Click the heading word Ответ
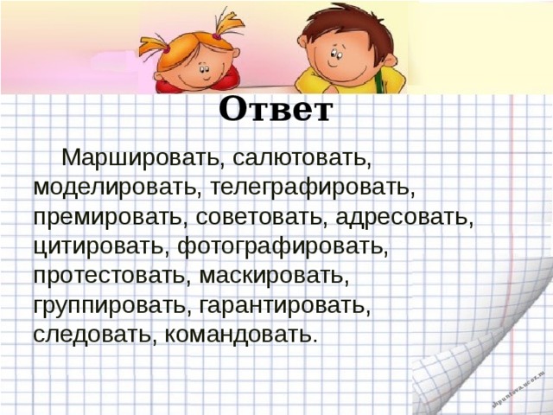(x=275, y=110)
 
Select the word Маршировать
(x=142, y=158)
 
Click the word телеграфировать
(x=312, y=188)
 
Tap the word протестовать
(x=108, y=276)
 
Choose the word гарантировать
(x=285, y=305)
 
